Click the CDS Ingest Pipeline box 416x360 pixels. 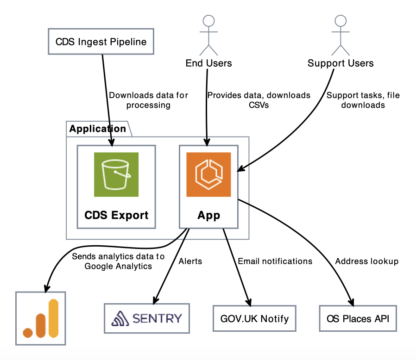pos(101,42)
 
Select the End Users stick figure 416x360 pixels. pos(208,35)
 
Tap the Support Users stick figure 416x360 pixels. pos(340,35)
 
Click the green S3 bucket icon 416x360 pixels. pos(116,174)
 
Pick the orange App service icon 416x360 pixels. pos(208,174)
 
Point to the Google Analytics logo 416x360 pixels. pos(41,318)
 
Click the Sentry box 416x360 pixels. pos(147,318)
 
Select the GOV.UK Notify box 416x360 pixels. pos(254,318)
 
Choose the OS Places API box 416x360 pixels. pos(358,318)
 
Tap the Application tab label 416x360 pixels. pos(98,129)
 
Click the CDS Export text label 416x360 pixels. pos(116,215)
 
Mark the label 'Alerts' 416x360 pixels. pos(190,261)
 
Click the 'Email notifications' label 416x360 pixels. pos(275,261)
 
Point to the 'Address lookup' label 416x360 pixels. pos(367,261)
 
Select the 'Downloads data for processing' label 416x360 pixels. pos(148,100)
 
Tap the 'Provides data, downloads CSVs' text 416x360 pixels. pos(258,100)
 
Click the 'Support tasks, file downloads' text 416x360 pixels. pos(363,100)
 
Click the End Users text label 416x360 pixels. pos(208,63)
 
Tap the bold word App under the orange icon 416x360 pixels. pos(208,215)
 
